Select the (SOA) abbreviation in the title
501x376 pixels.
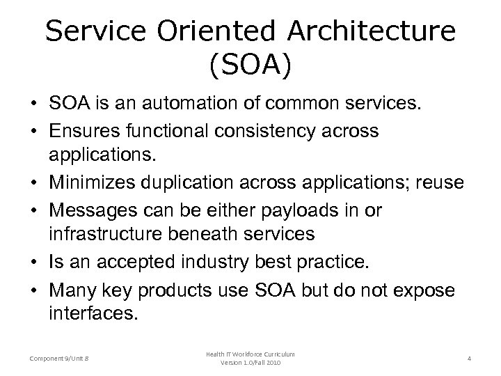pyautogui.click(x=250, y=68)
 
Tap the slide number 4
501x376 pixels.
pyautogui.click(x=470, y=358)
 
